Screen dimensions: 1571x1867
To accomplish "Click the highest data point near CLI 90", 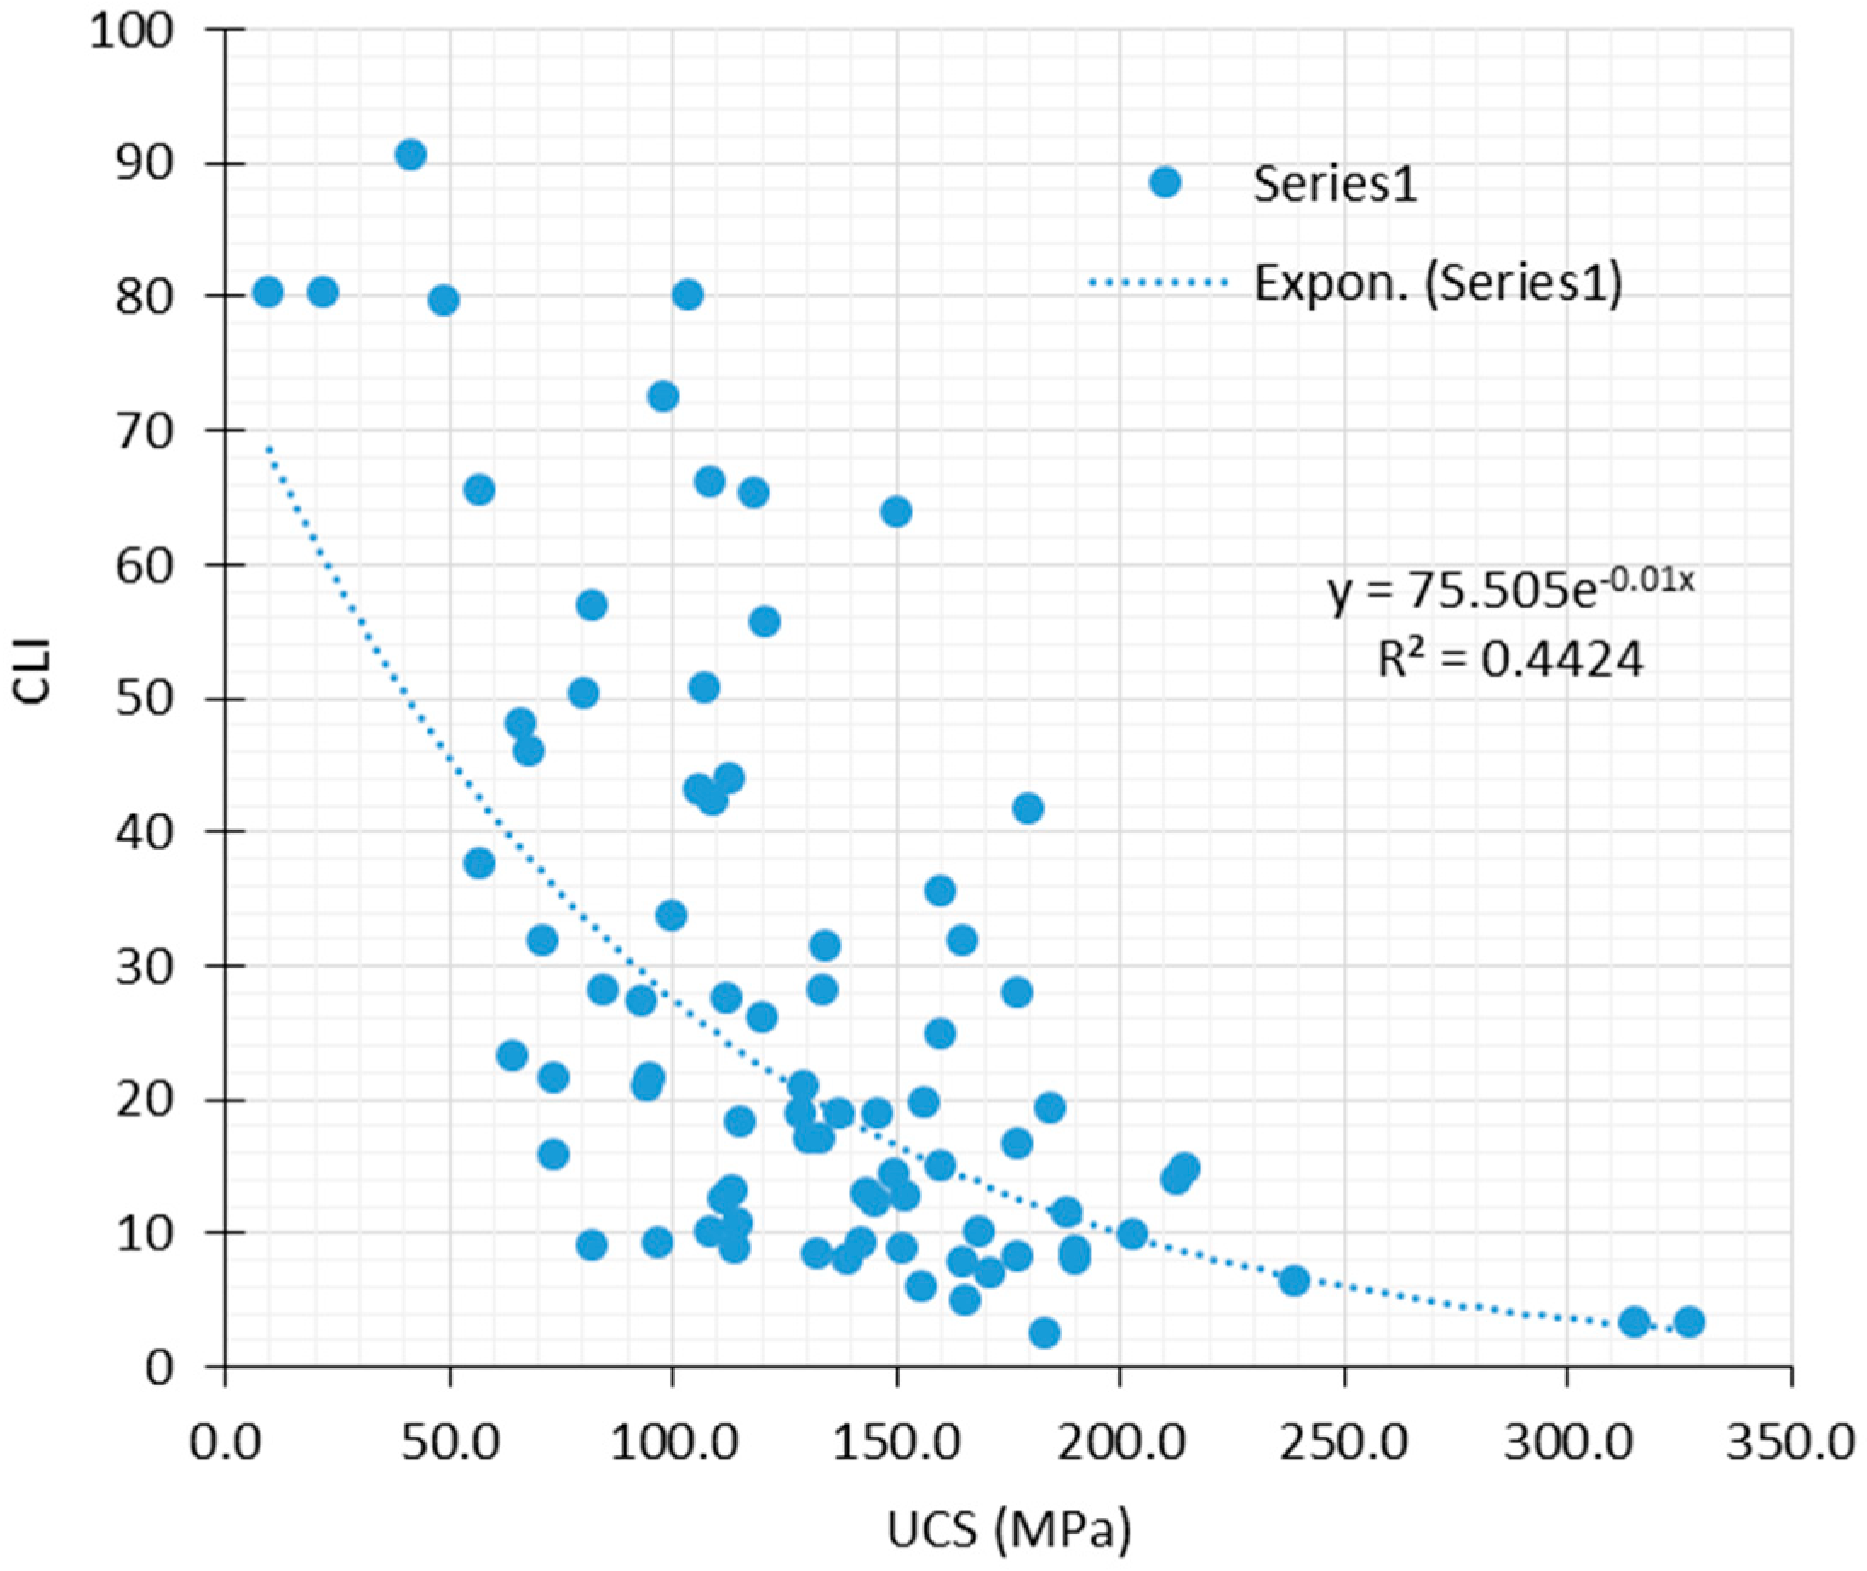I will [x=410, y=155].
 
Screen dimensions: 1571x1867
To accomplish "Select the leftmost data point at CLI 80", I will [x=267, y=292].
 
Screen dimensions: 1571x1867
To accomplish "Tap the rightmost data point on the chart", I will [x=1689, y=1322].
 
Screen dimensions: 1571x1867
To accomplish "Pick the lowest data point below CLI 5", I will [x=1045, y=1334].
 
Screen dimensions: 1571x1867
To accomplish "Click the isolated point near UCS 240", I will [x=1294, y=1281].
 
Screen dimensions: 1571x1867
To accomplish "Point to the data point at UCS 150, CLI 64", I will [x=896, y=512].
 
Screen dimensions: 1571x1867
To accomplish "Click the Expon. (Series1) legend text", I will [x=1438, y=283].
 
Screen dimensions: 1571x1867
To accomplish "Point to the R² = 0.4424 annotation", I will [x=1509, y=660].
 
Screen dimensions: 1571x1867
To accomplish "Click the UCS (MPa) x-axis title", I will [x=1008, y=1530].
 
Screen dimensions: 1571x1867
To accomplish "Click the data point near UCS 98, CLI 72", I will [x=662, y=397].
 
